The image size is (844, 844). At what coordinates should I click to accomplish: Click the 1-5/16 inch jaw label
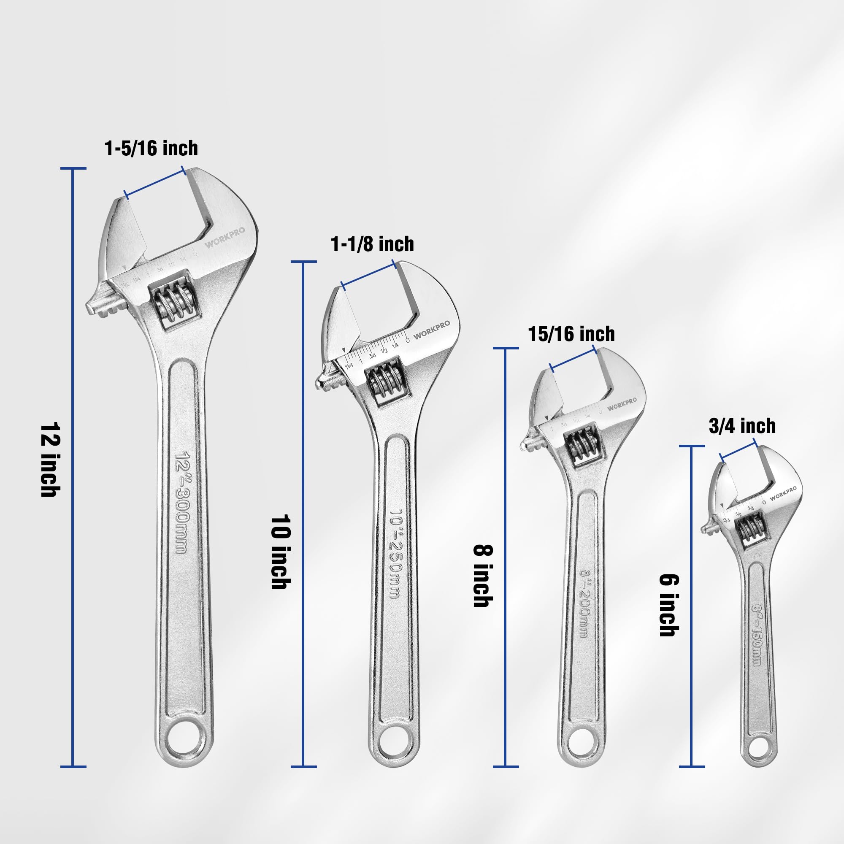(151, 149)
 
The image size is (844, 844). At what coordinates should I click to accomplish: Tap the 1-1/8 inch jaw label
(372, 244)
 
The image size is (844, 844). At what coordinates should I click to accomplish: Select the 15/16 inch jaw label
(571, 334)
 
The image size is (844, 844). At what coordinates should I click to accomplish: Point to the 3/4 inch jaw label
(742, 426)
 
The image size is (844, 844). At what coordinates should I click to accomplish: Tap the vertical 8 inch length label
(483, 575)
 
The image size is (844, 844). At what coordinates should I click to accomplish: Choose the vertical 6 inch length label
(669, 605)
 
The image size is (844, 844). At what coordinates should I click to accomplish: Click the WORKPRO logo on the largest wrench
(225, 238)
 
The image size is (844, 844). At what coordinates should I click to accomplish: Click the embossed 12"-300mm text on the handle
(181, 502)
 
